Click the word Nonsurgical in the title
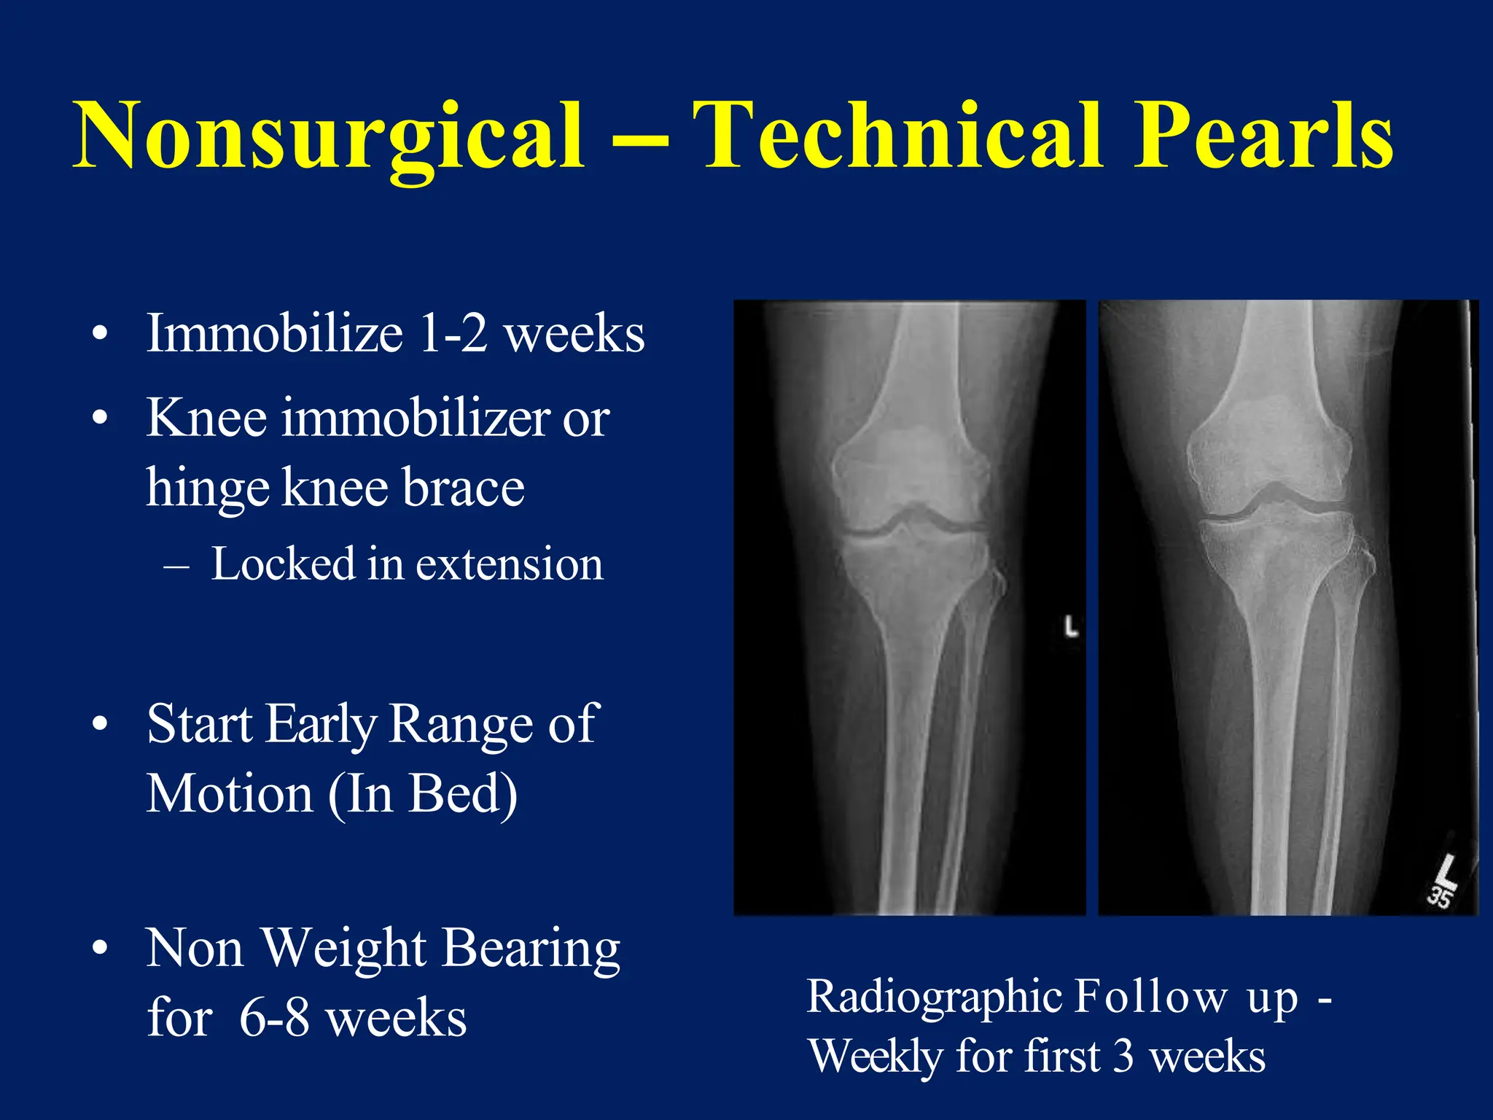click(328, 137)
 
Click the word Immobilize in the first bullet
click(274, 334)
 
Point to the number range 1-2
click(453, 334)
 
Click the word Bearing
click(531, 949)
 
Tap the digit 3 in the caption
click(1123, 1057)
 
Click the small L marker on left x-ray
click(1070, 626)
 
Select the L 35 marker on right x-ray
click(1441, 882)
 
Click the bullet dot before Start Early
click(101, 724)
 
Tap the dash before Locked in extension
click(176, 566)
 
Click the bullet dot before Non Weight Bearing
click(101, 948)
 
